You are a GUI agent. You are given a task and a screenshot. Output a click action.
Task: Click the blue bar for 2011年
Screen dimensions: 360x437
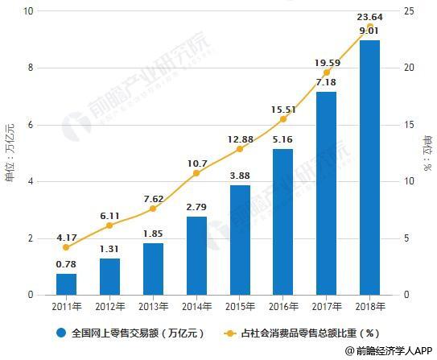point(67,284)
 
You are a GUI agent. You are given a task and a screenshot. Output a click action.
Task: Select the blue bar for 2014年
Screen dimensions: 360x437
point(196,255)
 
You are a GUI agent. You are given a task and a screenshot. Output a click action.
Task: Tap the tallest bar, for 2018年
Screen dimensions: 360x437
point(369,168)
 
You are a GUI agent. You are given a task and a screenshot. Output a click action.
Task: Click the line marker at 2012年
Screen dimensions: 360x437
point(109,226)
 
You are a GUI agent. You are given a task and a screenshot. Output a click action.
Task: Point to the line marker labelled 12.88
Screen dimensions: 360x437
point(240,149)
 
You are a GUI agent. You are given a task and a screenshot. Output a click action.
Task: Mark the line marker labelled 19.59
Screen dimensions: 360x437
point(326,72)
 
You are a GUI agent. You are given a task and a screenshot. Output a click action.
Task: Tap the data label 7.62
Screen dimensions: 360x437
point(153,199)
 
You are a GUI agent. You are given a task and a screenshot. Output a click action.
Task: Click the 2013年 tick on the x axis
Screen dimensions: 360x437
point(153,307)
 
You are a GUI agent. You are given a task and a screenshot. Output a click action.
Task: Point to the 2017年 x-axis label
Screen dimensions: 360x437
point(326,307)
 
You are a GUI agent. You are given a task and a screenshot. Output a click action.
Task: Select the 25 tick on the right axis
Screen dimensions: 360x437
point(410,11)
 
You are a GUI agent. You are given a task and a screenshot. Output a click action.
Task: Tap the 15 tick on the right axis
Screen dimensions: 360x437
point(410,125)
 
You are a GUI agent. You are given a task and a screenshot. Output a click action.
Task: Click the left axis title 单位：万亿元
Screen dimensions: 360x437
point(10,153)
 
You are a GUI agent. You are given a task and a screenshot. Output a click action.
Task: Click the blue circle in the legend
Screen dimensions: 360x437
point(60,331)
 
